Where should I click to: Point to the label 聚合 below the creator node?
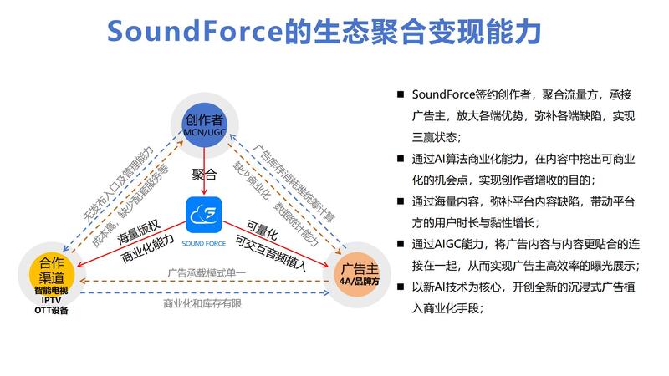click(205, 175)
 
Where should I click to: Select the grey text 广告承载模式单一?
click(204, 272)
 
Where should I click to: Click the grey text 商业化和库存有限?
click(204, 302)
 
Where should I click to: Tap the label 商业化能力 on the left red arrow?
click(147, 248)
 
